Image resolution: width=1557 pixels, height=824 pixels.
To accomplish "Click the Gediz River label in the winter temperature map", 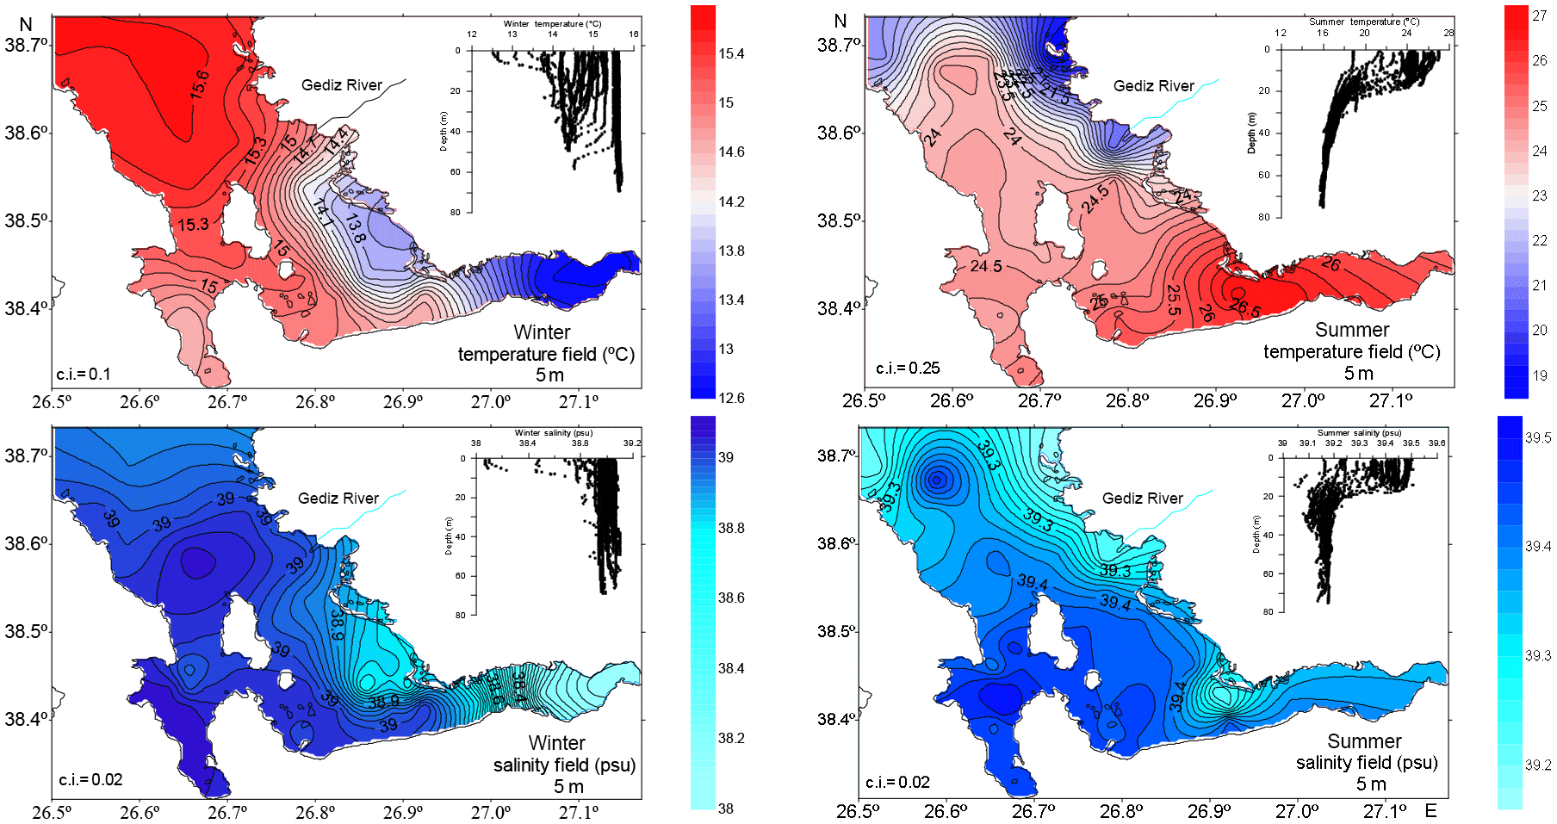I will (341, 85).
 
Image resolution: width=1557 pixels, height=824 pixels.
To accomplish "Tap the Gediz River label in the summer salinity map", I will (1142, 499).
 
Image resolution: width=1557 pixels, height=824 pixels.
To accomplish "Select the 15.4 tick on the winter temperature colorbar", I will (731, 54).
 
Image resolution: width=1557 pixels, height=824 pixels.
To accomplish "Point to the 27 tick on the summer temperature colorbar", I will (1539, 15).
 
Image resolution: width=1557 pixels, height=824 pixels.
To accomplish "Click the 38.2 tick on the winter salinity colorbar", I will (731, 739).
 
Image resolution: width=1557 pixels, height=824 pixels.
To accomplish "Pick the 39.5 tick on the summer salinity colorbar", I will (1537, 437).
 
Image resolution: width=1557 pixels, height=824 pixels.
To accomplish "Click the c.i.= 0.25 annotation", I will (908, 369).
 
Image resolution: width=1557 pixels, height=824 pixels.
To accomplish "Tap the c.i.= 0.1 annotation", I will (84, 375).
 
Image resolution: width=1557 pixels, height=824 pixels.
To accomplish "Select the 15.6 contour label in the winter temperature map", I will (200, 84).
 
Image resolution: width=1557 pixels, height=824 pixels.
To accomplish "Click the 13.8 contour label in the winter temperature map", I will (355, 226).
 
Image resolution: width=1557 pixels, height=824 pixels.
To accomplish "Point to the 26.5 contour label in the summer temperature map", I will (1244, 304).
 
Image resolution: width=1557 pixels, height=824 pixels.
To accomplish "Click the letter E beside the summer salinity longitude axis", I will (1430, 810).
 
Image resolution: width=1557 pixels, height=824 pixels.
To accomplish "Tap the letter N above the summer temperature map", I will (841, 22).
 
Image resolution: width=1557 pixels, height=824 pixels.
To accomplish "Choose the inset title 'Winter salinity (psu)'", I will (553, 433).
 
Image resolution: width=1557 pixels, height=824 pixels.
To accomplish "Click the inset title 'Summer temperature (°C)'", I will (1363, 22).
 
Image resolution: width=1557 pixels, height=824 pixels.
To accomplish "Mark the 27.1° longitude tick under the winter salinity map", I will (579, 812).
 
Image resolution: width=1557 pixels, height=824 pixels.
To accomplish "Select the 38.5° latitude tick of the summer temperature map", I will (835, 220).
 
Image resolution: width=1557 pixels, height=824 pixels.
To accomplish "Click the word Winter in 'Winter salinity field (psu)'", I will (556, 743).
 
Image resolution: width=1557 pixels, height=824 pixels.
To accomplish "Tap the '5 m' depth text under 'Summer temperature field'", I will (1358, 374).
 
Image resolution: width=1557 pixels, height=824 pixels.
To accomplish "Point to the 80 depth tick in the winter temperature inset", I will (455, 212).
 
